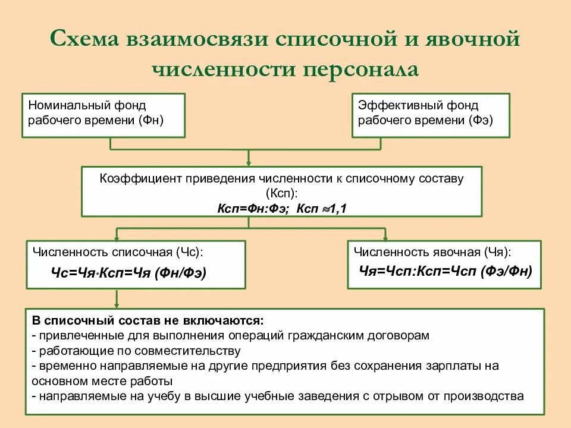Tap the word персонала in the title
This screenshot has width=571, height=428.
(362, 69)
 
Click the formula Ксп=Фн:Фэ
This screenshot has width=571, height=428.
(252, 208)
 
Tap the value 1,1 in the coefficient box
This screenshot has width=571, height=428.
(339, 208)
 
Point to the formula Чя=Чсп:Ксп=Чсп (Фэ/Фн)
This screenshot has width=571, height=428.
(446, 269)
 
